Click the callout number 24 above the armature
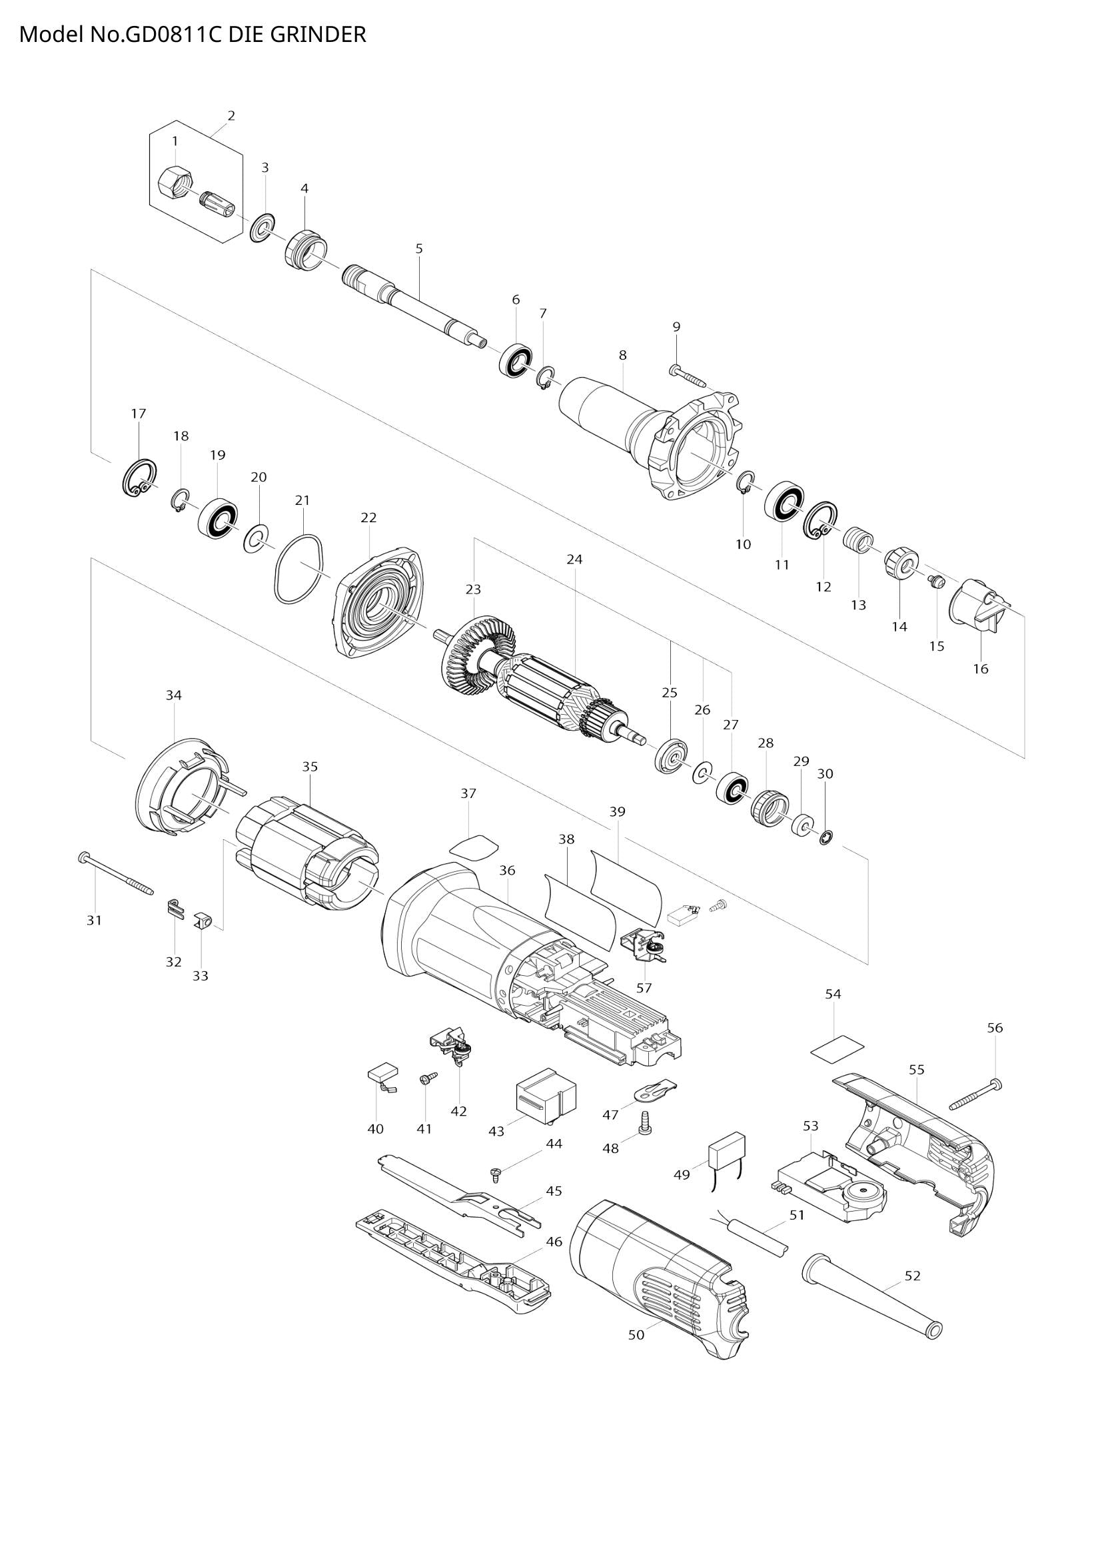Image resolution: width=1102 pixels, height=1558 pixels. pos(575,560)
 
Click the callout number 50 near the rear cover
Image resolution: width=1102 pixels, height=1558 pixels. pos(636,1335)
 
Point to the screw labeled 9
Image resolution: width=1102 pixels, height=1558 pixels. pos(688,373)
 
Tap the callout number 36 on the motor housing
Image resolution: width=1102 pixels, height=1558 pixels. pos(507,871)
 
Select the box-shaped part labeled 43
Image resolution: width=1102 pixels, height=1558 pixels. pos(546,1095)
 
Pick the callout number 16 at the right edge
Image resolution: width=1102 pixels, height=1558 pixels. pos(981,668)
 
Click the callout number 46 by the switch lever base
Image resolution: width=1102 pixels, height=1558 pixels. pos(554,1241)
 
